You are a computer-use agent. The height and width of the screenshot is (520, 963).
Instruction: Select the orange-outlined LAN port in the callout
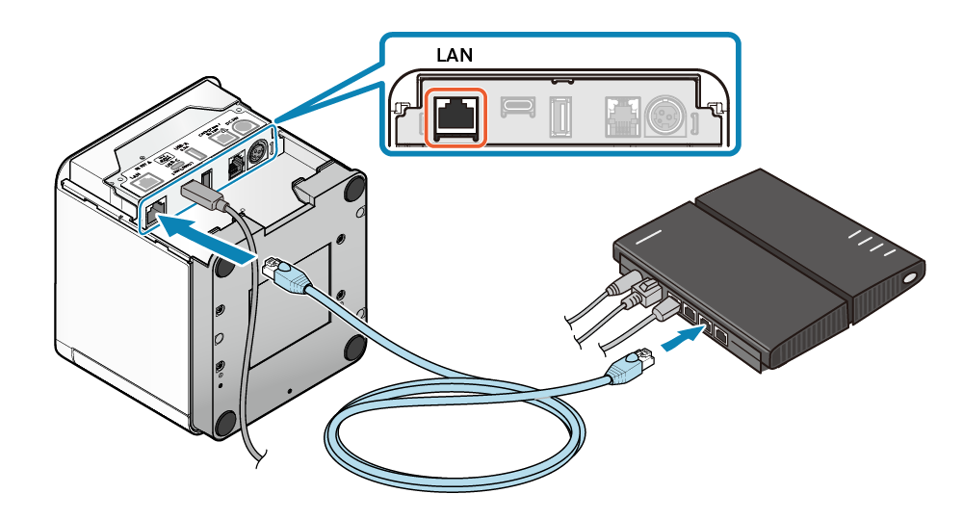[x=456, y=118]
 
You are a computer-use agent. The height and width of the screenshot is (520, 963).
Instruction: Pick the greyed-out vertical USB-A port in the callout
[x=560, y=118]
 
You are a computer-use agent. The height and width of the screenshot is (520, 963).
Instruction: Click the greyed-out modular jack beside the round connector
[x=619, y=117]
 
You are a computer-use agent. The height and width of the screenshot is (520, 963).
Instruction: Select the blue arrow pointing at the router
[x=683, y=339]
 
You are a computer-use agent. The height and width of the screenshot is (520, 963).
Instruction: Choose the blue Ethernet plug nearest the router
[x=629, y=366]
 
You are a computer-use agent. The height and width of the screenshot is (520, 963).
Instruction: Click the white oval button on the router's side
[x=910, y=280]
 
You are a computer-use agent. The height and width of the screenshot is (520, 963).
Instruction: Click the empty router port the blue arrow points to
[x=707, y=322]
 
